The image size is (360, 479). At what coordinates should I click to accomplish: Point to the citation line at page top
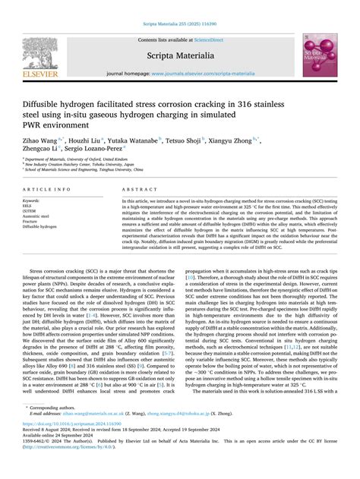(x=179, y=5)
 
